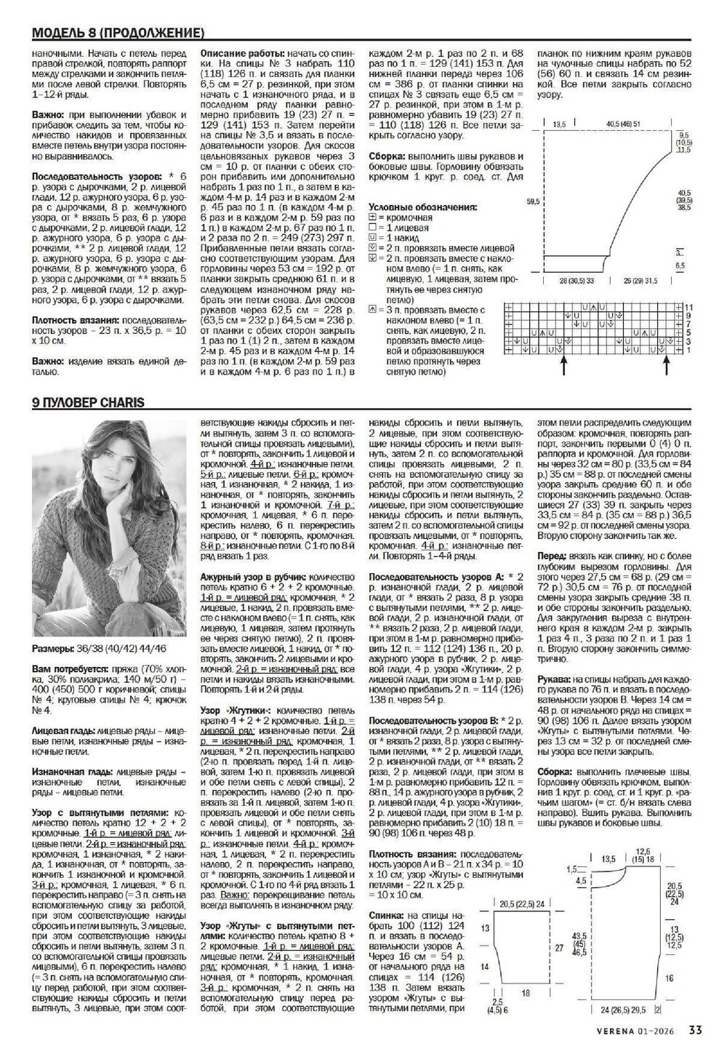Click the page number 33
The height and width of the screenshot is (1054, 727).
point(696,1029)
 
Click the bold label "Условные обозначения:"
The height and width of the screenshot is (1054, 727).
point(423,207)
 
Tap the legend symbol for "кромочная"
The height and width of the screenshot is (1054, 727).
point(373,217)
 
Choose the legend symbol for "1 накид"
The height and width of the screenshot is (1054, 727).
point(373,237)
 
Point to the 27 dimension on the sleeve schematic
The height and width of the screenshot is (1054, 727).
point(558,949)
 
